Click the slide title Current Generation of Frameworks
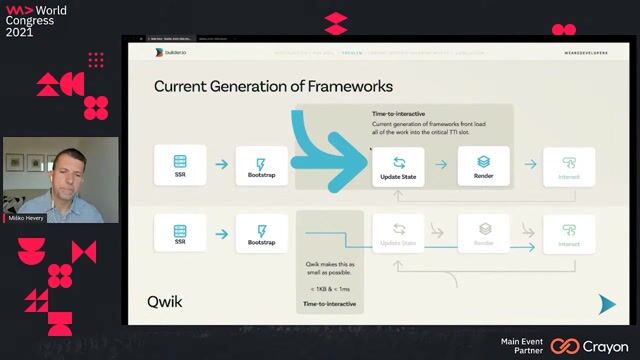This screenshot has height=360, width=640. [273, 87]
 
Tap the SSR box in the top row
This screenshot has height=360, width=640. [180, 166]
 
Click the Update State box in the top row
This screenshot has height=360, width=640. [398, 166]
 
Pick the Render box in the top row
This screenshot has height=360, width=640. [483, 166]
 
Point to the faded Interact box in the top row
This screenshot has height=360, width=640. [569, 166]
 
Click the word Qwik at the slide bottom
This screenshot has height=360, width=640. [167, 300]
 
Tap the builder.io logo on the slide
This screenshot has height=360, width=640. [171, 52]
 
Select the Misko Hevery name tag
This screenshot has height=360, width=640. [27, 217]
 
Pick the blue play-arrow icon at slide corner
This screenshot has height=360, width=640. [606, 304]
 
